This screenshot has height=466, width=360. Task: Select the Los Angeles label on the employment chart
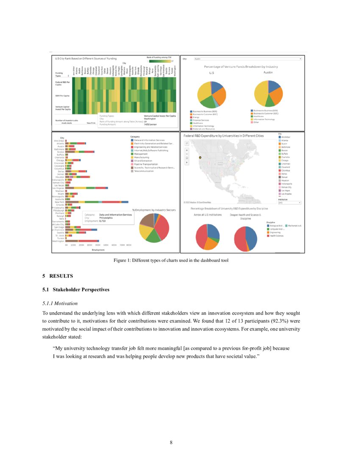58,188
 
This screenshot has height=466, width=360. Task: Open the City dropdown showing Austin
247,59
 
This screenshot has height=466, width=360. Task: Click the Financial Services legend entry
201,120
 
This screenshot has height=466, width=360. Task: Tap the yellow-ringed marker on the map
201,157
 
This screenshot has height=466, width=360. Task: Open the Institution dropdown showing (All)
289,203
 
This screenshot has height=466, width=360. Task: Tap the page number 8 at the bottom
171,443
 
